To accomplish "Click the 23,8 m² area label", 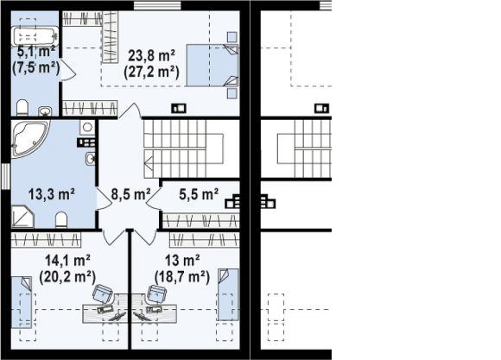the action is tap(151, 55).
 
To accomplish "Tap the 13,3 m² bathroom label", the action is tap(52, 194).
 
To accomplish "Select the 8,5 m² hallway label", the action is tap(130, 194).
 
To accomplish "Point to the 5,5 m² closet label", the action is tap(199, 194).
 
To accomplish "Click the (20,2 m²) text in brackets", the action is tap(67, 276).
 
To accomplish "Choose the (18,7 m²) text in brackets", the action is tap(182, 276).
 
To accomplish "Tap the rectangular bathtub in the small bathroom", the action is tap(35, 36).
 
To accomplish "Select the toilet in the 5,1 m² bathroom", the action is tap(22, 108).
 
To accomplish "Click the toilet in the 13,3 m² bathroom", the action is tap(61, 220).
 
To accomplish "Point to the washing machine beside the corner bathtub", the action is tap(87, 127).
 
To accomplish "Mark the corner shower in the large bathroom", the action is tap(22, 217).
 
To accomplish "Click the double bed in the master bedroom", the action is tap(212, 65).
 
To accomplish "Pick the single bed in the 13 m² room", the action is tap(228, 294).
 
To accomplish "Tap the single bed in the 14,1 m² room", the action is tap(22, 302).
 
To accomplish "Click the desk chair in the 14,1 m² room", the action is tap(103, 294).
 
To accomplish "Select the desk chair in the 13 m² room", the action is tap(157, 294).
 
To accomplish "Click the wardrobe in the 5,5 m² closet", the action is tap(201, 221).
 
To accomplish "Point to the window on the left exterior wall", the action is tap(6, 176).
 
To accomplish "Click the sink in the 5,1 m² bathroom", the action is tap(45, 111).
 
